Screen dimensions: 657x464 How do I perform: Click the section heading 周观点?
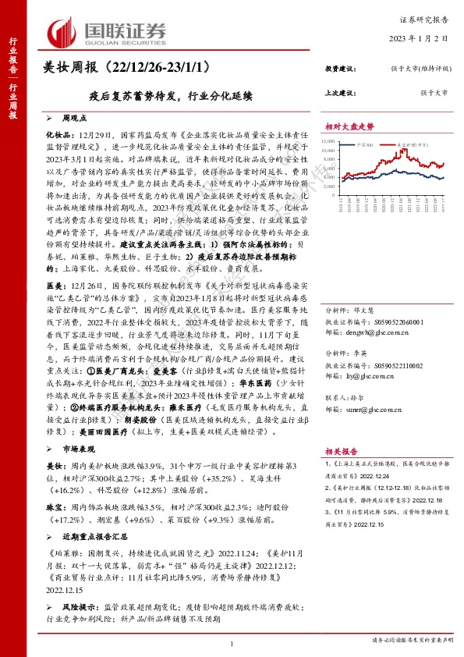[76, 118]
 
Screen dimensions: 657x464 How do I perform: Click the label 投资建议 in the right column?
[339, 69]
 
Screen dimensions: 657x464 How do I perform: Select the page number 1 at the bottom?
[232, 641]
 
